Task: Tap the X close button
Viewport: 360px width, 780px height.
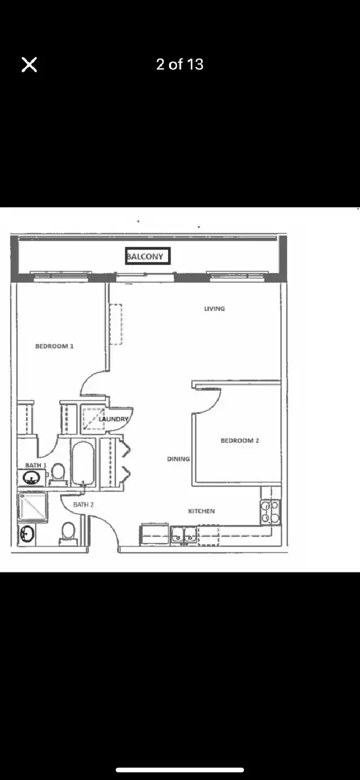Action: point(29,64)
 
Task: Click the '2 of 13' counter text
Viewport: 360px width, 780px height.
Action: point(179,64)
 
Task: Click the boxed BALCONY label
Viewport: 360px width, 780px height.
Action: point(148,256)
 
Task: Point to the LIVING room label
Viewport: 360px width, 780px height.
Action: point(214,309)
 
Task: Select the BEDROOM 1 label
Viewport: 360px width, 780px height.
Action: point(54,346)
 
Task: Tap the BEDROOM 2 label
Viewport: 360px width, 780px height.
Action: point(240,440)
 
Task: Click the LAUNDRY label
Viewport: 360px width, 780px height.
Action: point(113,419)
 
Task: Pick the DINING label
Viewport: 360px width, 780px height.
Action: point(178,459)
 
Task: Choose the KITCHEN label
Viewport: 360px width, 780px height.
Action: point(202,511)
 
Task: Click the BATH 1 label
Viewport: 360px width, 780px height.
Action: point(36,465)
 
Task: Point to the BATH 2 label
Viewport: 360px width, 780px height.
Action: point(83,505)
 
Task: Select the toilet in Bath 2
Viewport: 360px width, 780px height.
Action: point(68,533)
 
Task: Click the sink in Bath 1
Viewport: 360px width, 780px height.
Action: point(31,477)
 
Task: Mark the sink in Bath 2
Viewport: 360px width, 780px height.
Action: point(27,534)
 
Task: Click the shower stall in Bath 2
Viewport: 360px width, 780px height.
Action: point(33,506)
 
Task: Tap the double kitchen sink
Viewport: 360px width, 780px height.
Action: point(184,535)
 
